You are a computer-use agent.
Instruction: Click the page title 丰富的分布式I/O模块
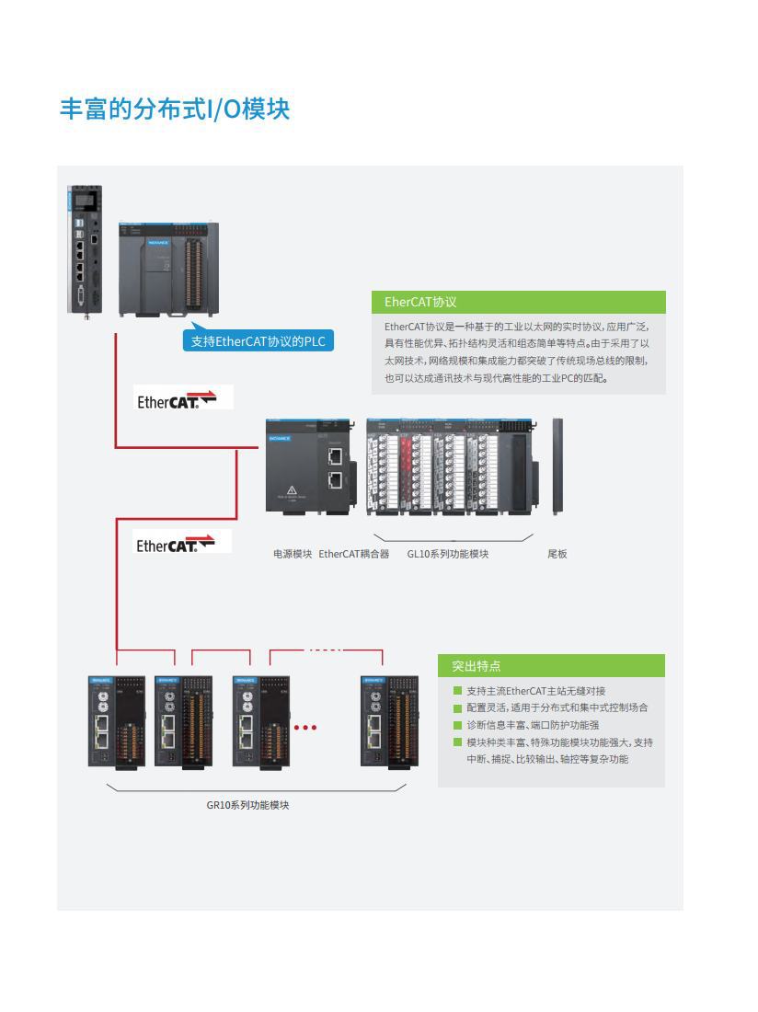point(175,109)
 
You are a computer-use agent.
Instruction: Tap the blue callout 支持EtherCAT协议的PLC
point(258,341)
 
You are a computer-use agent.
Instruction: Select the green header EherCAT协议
point(420,302)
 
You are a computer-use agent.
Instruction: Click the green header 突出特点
point(476,666)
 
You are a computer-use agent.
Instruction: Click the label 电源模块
point(293,554)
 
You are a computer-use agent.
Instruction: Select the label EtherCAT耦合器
point(354,554)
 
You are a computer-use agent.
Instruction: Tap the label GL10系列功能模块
point(448,554)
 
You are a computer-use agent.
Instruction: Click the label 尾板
point(557,554)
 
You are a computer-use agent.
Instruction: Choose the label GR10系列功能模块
point(247,805)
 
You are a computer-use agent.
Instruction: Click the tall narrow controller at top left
point(85,248)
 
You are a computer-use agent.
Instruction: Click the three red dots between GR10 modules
point(304,727)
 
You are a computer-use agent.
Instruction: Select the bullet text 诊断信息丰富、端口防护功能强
point(533,725)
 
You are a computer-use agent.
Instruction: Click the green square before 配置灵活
point(457,708)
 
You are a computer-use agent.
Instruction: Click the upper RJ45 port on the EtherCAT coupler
point(336,455)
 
